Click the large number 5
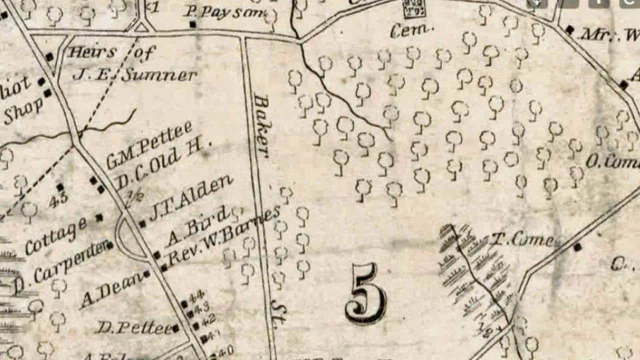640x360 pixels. [365, 293]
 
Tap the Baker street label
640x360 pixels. [261, 125]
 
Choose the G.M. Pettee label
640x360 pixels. [149, 145]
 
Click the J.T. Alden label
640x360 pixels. [191, 196]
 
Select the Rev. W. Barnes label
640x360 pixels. [223, 236]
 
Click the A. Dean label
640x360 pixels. [110, 290]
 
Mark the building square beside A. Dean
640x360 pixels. [146, 274]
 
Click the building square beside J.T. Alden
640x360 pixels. [142, 223]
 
